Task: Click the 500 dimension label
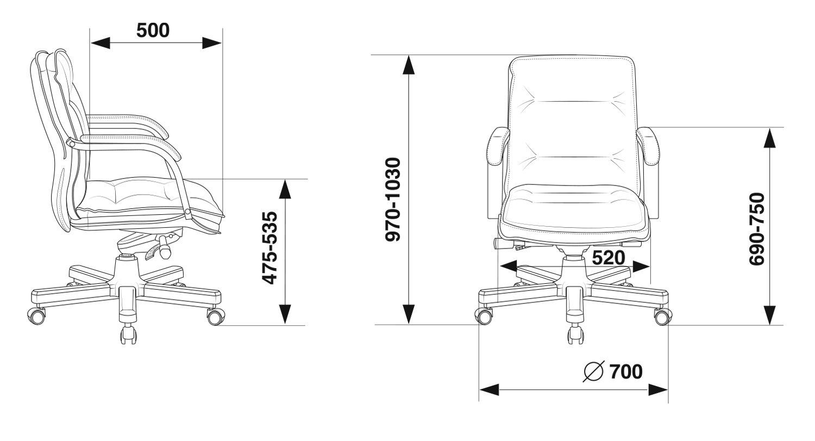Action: (153, 30)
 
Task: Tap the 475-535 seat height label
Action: (271, 247)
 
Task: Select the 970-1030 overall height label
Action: (393, 199)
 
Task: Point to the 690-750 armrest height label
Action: (757, 229)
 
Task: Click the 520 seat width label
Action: (609, 258)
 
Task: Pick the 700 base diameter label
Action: (626, 371)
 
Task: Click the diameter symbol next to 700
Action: (594, 371)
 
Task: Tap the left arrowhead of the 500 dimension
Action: (101, 43)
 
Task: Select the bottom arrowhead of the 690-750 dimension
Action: (769, 315)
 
